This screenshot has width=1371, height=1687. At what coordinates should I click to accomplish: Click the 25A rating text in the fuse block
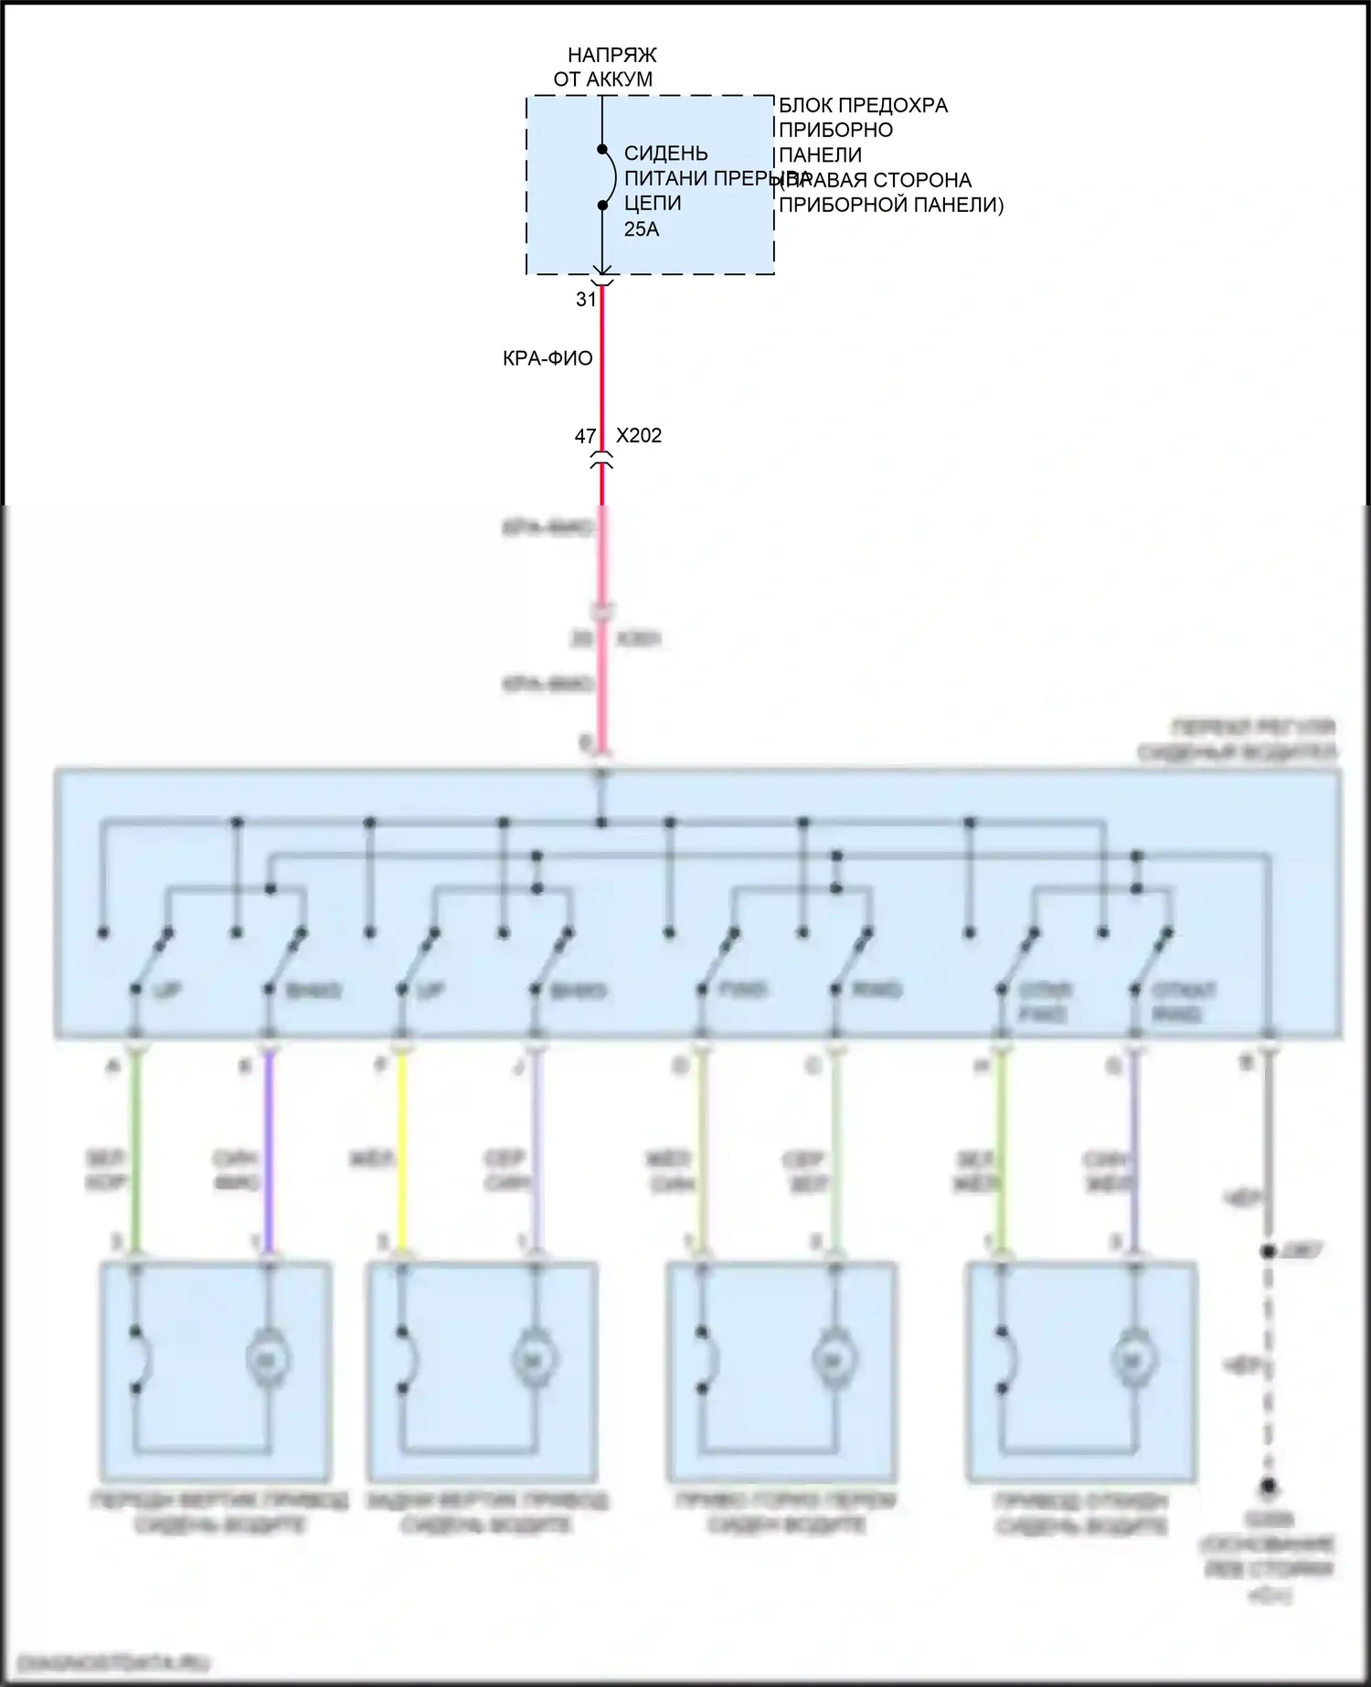click(641, 229)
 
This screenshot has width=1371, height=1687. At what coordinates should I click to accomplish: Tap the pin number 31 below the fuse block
click(586, 300)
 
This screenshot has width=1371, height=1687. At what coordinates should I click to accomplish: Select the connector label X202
click(639, 436)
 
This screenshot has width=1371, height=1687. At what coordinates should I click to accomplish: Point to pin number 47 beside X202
click(585, 437)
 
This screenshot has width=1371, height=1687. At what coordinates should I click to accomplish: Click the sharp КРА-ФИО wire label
click(547, 358)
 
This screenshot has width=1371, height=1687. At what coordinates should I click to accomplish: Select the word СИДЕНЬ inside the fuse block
click(665, 154)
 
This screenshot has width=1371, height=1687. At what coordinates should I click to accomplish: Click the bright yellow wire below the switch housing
click(401, 1151)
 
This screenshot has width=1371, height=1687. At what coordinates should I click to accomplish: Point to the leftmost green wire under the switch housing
click(135, 1151)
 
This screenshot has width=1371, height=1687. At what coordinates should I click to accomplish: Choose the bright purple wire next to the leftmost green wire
click(269, 1151)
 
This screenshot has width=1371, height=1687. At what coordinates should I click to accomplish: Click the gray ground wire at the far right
click(1268, 1142)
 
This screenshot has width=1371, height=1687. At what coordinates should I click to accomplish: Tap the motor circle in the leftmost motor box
click(268, 1361)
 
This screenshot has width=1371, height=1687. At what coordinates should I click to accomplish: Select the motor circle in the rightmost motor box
click(1135, 1361)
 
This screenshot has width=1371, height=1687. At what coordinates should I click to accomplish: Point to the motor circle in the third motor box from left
click(833, 1361)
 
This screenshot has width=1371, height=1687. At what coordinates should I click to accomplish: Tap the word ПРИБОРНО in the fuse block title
click(835, 131)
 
